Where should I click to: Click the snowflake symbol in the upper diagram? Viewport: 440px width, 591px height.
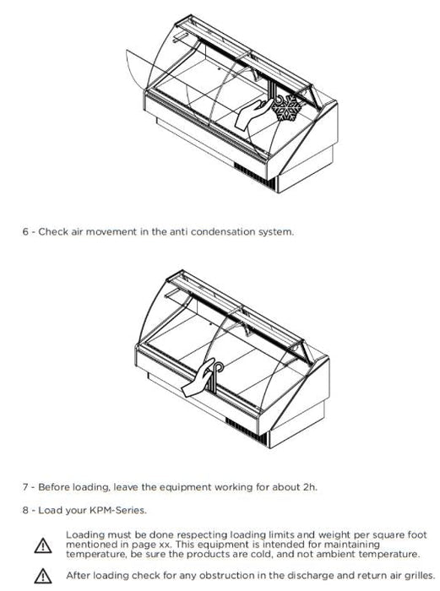click(287, 107)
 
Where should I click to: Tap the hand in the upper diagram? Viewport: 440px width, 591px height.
click(252, 116)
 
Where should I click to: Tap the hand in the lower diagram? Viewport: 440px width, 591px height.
click(198, 378)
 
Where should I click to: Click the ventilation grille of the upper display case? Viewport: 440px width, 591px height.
click(255, 176)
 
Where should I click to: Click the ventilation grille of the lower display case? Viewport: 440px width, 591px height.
click(247, 431)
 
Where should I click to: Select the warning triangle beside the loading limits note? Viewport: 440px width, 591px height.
click(43, 545)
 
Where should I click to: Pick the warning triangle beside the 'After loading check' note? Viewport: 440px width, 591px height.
click(43, 576)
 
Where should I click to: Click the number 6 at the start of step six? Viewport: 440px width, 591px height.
click(25, 231)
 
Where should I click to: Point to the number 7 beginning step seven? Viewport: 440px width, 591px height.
click(25, 487)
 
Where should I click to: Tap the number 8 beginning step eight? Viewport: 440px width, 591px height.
click(25, 510)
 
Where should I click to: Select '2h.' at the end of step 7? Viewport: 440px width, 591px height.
click(310, 487)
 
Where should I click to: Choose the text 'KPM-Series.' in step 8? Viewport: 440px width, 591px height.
click(117, 510)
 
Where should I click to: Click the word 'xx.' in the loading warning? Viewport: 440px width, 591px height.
click(164, 545)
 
